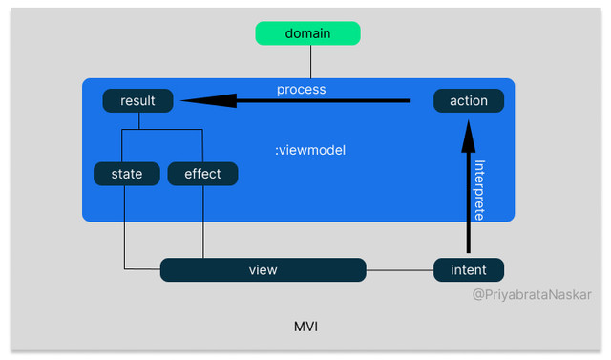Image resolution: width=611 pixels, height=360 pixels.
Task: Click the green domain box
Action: click(x=307, y=33)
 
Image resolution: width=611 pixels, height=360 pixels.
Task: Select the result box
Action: click(x=137, y=100)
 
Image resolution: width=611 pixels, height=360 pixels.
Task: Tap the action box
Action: click(x=468, y=100)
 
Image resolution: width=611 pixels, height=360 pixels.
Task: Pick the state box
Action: click(x=126, y=174)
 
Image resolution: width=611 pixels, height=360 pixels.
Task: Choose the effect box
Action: click(x=202, y=174)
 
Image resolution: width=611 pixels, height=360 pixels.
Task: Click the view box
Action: click(x=263, y=270)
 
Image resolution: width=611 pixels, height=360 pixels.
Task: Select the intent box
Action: click(x=468, y=270)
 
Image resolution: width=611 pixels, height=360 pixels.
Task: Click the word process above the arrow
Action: click(x=301, y=89)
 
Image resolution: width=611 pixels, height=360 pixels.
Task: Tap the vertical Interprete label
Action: click(x=479, y=190)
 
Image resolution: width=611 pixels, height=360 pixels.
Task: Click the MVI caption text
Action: click(x=305, y=327)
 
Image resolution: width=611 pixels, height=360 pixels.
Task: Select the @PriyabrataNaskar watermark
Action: click(x=532, y=295)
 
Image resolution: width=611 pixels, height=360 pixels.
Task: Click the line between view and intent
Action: click(x=399, y=270)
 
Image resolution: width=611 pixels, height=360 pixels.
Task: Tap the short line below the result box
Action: click(x=139, y=120)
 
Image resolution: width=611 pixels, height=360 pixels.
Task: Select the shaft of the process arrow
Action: click(x=325, y=100)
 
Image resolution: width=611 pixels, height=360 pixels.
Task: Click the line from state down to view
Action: click(x=125, y=229)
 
